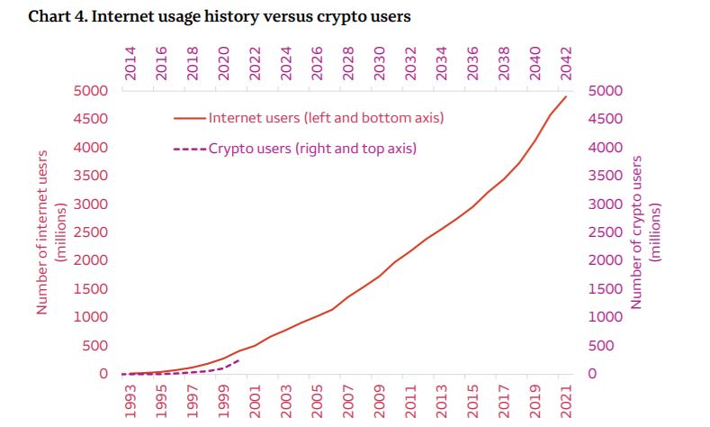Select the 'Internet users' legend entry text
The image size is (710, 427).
click(326, 118)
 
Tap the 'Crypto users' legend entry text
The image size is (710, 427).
click(312, 148)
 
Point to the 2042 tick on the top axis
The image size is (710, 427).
click(565, 64)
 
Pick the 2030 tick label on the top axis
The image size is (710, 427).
click(379, 64)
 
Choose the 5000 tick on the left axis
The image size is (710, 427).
click(93, 91)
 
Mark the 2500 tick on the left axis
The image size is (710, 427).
click(93, 232)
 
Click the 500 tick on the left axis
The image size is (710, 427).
click(96, 346)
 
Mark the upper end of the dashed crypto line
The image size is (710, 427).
click(238, 359)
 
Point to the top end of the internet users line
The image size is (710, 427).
click(566, 96)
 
